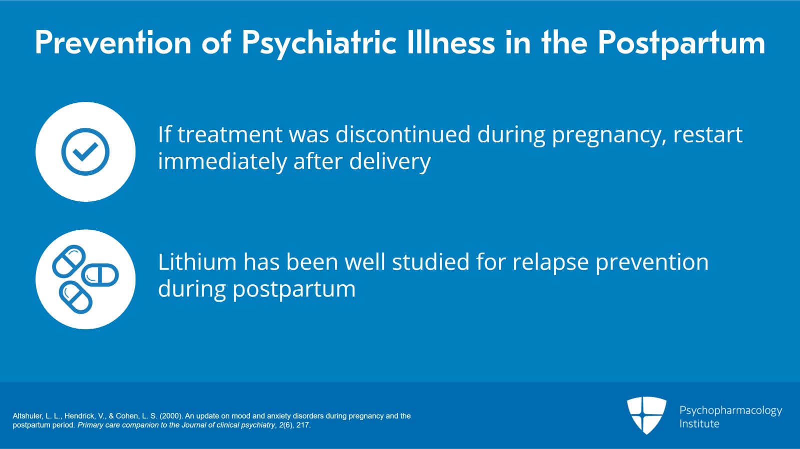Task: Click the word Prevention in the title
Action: point(113,43)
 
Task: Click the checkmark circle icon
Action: point(85,152)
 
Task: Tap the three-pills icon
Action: point(85,279)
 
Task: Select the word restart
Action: point(707,134)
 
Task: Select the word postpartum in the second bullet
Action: point(294,290)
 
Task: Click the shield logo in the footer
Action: point(646,415)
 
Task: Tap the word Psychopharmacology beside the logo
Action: point(730,411)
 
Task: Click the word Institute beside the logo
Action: point(699,424)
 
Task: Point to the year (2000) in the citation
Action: point(171,416)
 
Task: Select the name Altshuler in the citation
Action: point(27,416)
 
